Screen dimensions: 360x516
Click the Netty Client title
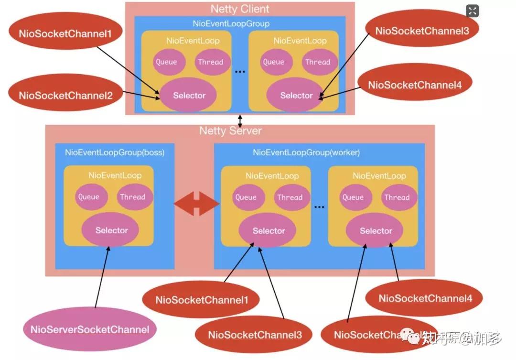pyautogui.click(x=240, y=9)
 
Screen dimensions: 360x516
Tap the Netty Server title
pyautogui.click(x=230, y=131)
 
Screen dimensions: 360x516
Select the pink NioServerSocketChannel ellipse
pyautogui.click(x=90, y=329)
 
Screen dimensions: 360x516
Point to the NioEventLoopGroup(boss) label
pyautogui.click(x=115, y=153)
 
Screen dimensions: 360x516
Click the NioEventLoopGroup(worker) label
pyautogui.click(x=306, y=153)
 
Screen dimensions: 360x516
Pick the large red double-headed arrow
pyautogui.click(x=196, y=204)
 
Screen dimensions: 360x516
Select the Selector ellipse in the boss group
pyautogui.click(x=111, y=230)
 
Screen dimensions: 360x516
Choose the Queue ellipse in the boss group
pyautogui.click(x=89, y=197)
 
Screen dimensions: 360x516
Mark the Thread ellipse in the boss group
pyautogui.click(x=132, y=197)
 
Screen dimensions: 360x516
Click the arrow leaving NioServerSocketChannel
pyautogui.click(x=101, y=277)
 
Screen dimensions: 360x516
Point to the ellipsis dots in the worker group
pyautogui.click(x=319, y=207)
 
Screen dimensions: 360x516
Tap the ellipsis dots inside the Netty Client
pyautogui.click(x=240, y=71)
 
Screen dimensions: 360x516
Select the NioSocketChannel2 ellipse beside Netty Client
pyautogui.click(x=65, y=95)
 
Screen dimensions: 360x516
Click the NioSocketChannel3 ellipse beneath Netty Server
pyautogui.click(x=255, y=335)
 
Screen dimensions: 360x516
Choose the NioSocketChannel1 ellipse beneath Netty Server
pyautogui.click(x=202, y=300)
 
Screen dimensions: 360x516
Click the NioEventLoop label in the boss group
pyautogui.click(x=115, y=175)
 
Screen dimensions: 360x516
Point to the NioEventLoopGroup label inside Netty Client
pyautogui.click(x=231, y=23)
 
